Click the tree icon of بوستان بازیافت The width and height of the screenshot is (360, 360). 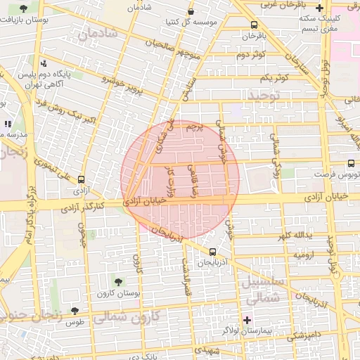(25, 9)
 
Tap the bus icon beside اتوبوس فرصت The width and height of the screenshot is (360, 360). (352, 162)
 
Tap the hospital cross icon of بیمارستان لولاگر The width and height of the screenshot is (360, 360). (247, 321)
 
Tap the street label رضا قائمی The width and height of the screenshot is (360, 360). (191, 180)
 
